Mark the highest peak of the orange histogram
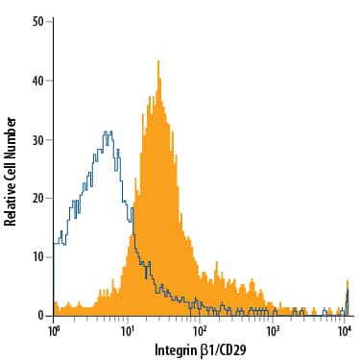(156, 62)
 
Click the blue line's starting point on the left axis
(55, 244)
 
